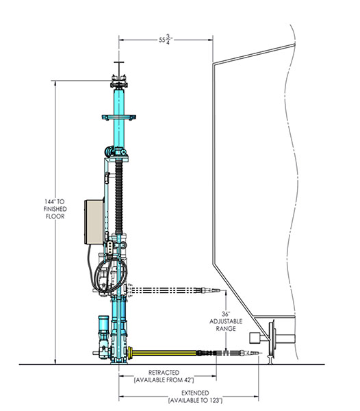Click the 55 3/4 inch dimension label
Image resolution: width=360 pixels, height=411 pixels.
click(x=166, y=40)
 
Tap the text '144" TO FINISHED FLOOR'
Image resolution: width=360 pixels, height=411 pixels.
click(x=55, y=209)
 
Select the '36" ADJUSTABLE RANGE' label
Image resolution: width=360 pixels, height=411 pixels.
click(x=226, y=321)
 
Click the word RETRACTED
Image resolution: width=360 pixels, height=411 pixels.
click(x=164, y=373)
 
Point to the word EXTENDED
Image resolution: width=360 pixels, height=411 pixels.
click(x=195, y=393)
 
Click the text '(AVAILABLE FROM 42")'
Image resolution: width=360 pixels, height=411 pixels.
click(x=164, y=379)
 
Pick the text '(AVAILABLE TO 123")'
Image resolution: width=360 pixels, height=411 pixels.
click(x=195, y=400)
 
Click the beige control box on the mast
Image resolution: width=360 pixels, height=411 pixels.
click(x=94, y=222)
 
